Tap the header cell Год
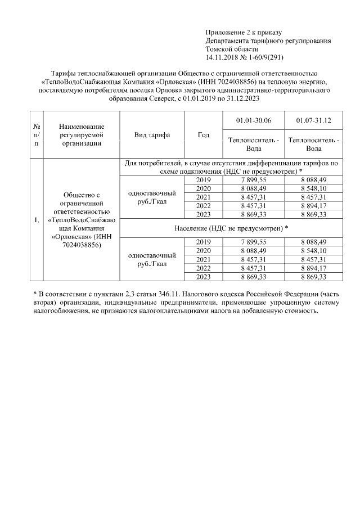click(x=204, y=135)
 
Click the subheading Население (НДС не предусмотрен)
click(x=231, y=228)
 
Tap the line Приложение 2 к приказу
click(x=243, y=32)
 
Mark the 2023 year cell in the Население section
click(x=204, y=276)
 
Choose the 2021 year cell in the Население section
click(x=204, y=259)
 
